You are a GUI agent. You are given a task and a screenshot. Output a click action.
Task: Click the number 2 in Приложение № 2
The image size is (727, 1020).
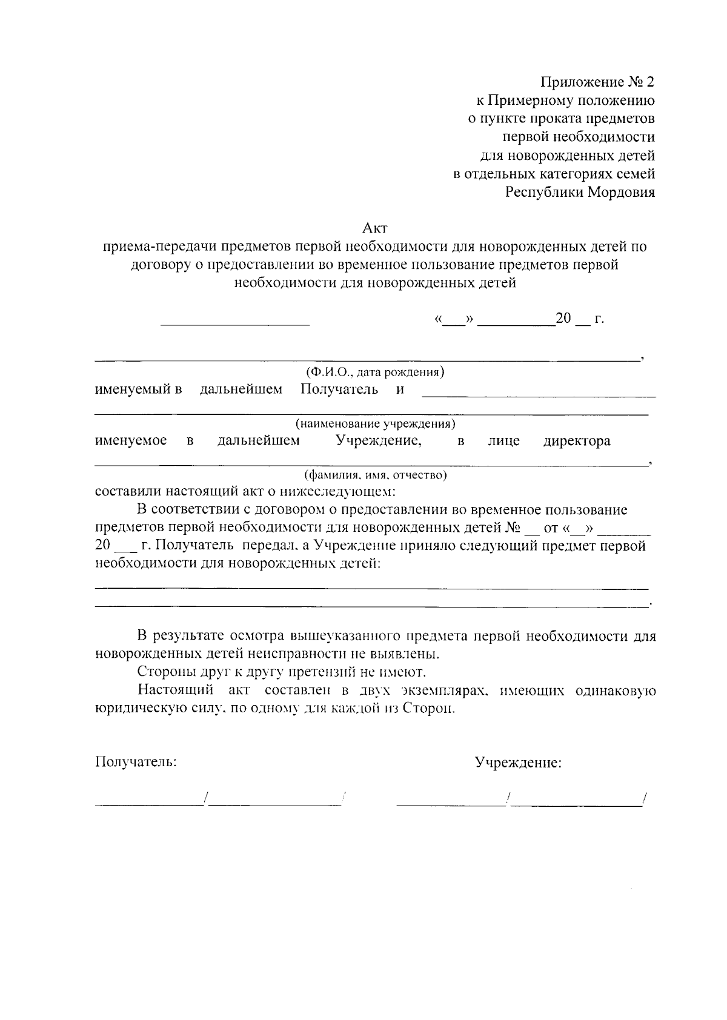click(x=650, y=82)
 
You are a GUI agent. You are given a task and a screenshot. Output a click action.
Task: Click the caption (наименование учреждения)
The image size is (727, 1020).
click(x=375, y=423)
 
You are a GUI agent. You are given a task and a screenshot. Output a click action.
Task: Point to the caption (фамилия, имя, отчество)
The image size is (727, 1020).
click(x=375, y=475)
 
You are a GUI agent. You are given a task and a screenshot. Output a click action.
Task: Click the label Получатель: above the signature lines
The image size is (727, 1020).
click(x=136, y=762)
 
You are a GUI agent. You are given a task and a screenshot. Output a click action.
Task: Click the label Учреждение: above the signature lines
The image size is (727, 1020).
click(x=518, y=763)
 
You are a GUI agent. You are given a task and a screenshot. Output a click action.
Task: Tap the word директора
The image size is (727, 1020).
click(x=576, y=441)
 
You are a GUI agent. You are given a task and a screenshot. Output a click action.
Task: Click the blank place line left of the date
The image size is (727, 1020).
click(x=235, y=325)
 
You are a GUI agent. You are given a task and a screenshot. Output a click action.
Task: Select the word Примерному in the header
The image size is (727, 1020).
click(x=525, y=100)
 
